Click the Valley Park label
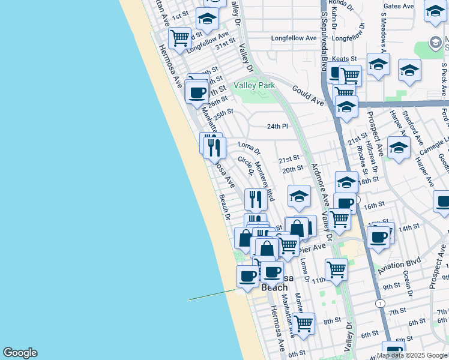[255, 85]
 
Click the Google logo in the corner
[20, 353]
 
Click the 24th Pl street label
[277, 127]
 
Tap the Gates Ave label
[399, 7]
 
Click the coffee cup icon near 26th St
[196, 92]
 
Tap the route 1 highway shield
[380, 304]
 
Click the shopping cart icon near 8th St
[304, 323]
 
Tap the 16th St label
[373, 205]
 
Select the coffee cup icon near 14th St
[378, 236]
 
